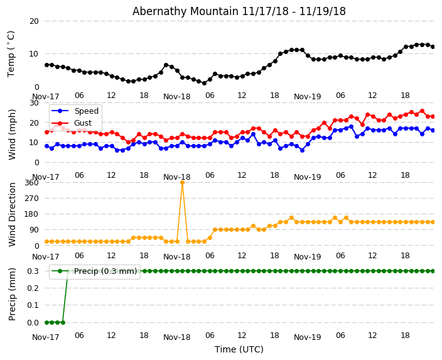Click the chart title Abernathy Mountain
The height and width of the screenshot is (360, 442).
(x=239, y=11)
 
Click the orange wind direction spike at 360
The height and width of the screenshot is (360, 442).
(x=182, y=182)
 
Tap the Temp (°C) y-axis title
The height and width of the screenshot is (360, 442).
(x=11, y=53)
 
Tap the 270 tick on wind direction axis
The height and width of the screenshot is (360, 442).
(x=31, y=198)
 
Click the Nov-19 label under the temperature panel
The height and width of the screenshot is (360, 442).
(x=307, y=97)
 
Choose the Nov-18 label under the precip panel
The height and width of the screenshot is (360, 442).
(x=176, y=337)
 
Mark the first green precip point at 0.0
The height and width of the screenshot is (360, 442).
(x=46, y=322)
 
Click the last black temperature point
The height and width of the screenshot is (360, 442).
(x=433, y=46)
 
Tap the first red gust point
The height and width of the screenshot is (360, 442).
(x=46, y=132)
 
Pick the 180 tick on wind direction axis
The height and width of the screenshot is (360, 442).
(x=31, y=214)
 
